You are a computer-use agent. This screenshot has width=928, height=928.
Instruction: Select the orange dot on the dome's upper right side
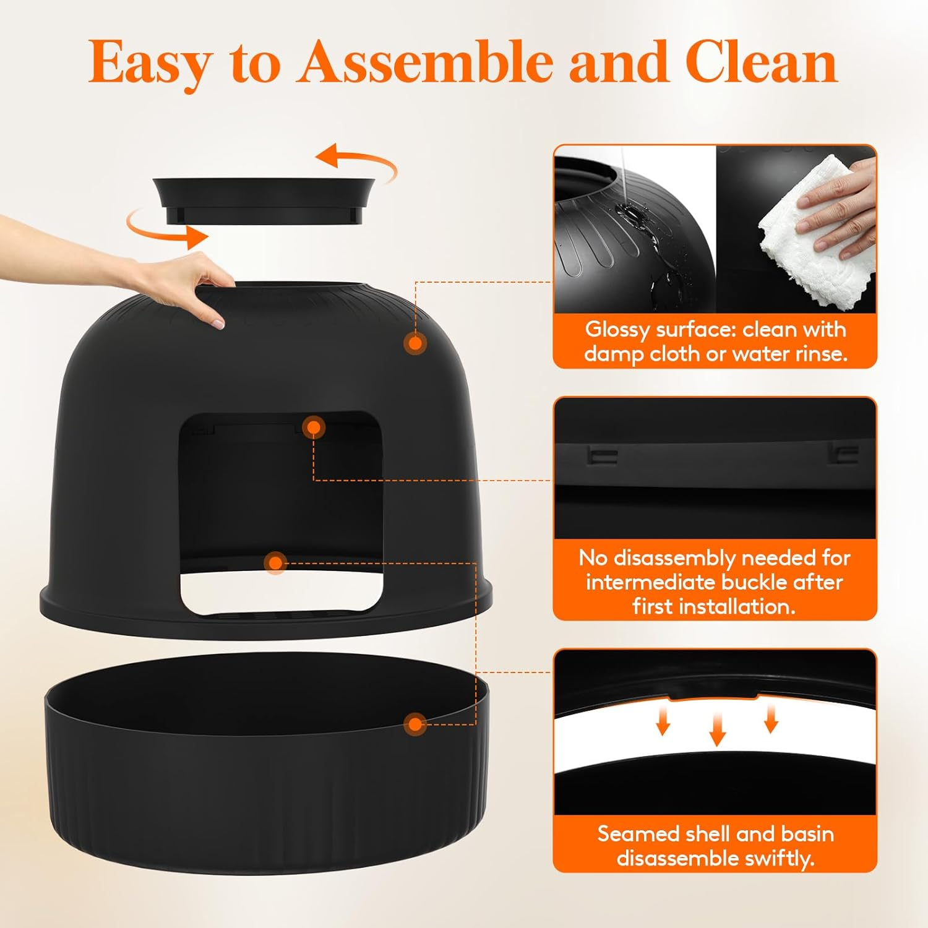pos(415,343)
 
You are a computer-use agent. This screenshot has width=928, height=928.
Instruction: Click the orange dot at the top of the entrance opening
pos(314,427)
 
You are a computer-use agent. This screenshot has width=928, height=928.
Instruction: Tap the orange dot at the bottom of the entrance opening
pos(275,562)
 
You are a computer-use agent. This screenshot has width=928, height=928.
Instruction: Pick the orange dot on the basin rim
pos(415,724)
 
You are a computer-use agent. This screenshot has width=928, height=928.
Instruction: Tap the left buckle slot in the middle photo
pos(602,457)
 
